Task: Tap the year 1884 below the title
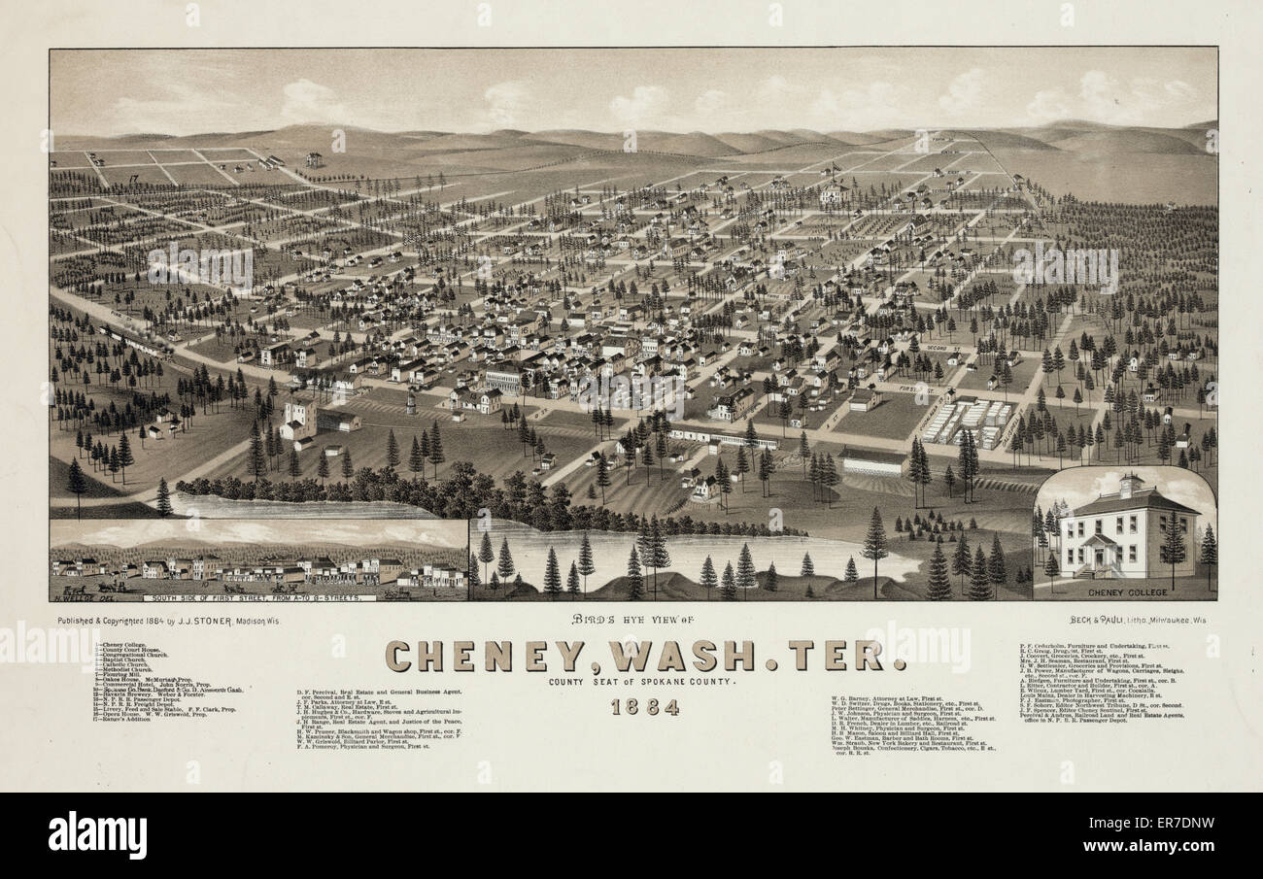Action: (644, 706)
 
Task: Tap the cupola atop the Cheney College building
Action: (1129, 483)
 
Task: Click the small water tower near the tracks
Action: (411, 399)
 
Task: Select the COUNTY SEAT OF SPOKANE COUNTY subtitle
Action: (643, 682)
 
